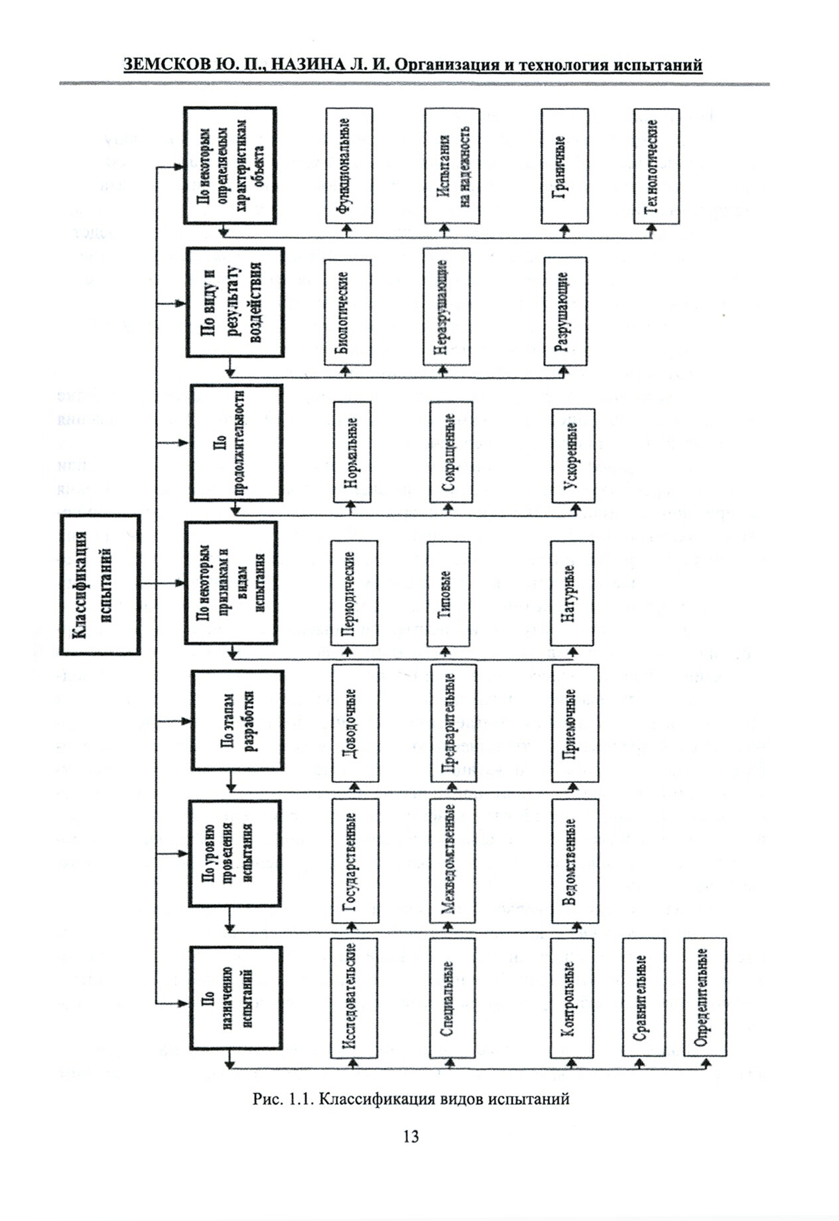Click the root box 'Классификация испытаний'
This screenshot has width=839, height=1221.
(100, 585)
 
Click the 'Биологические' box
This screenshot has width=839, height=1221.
(348, 312)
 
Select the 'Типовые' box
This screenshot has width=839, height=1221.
(450, 593)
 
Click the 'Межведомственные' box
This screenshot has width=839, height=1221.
(452, 860)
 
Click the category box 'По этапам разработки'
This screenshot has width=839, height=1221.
(237, 721)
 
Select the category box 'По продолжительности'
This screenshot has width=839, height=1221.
(236, 443)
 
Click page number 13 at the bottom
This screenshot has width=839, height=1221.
(411, 1136)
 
